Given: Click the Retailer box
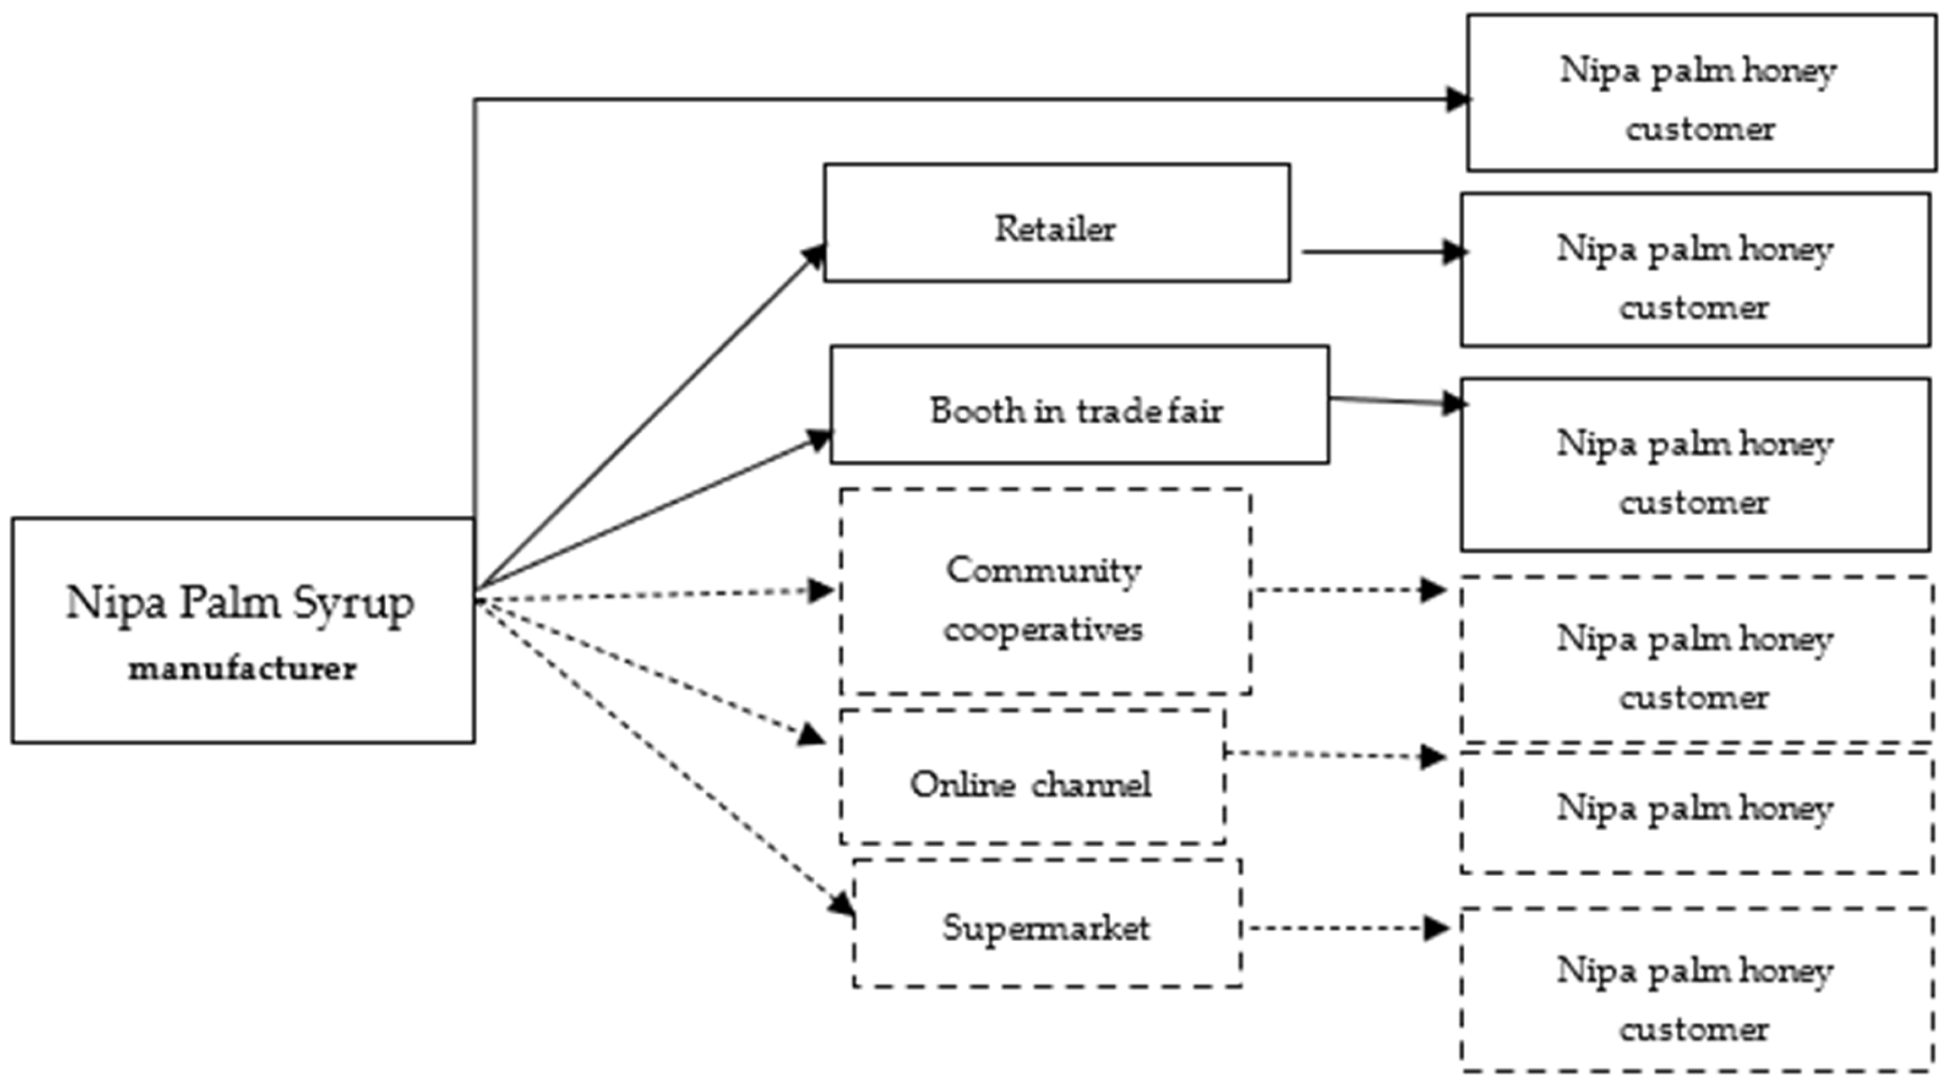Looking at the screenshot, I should coord(1056,223).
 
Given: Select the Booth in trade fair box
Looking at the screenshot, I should coord(1079,405).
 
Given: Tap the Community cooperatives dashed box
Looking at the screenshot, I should coord(1045,591).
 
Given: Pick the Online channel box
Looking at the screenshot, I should coord(1031,777).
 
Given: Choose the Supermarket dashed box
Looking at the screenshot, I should coord(1046,923).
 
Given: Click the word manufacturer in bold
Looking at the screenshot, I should coord(242,669).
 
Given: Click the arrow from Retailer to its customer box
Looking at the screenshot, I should coord(1380,252).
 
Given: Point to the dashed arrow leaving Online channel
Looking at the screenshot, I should coord(1334,754).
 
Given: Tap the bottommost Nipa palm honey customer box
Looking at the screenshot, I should coord(1695,990).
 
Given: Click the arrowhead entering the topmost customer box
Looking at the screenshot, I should coord(1457,99).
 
